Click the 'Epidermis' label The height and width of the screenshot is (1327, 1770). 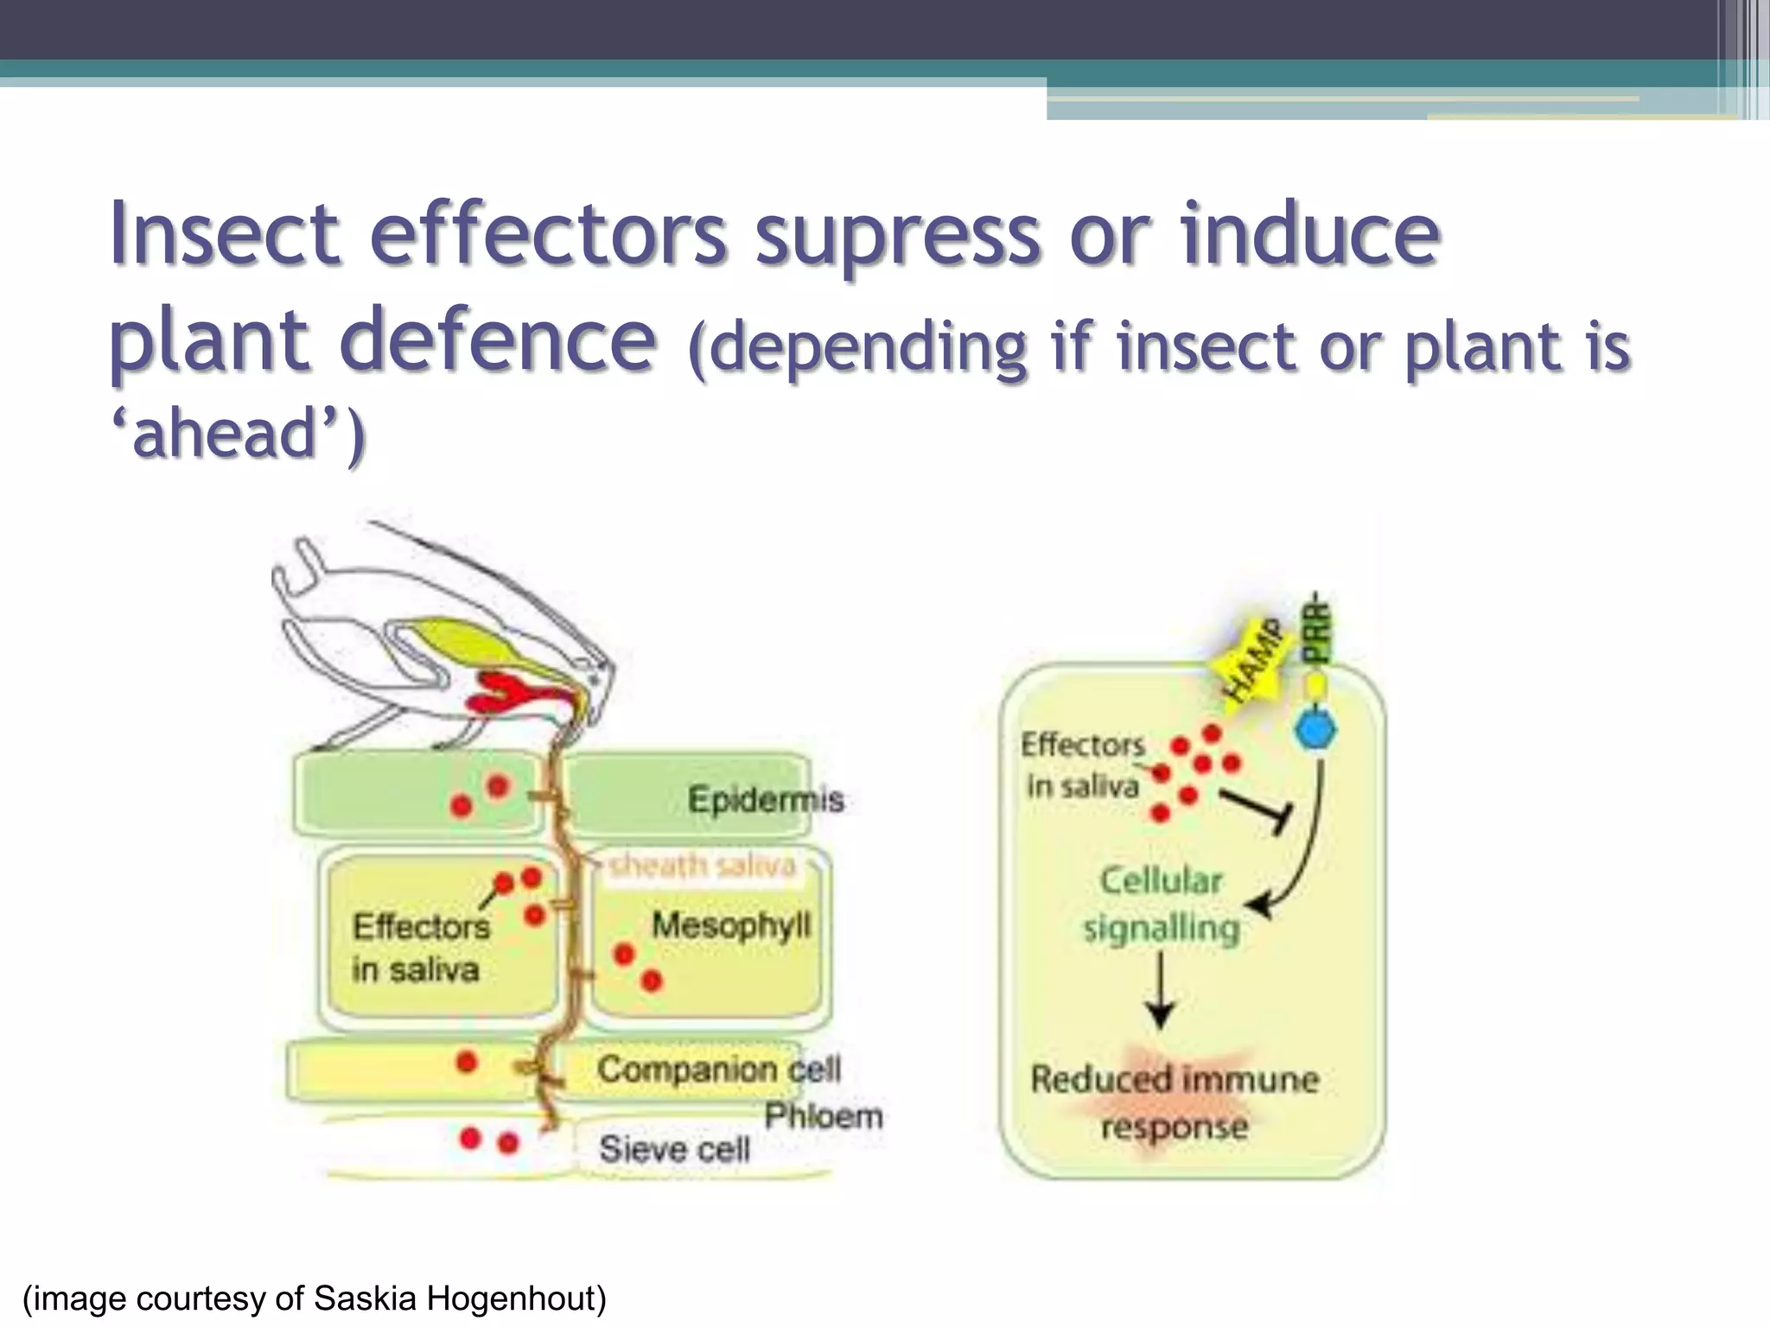point(766,799)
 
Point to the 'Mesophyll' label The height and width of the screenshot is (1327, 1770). point(731,925)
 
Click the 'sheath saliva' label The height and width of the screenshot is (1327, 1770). point(702,865)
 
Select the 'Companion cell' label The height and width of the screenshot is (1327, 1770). point(718,1070)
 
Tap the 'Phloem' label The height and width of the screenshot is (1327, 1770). point(823,1116)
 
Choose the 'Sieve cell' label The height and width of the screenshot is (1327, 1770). point(674,1149)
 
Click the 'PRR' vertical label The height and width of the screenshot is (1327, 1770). point(1317,628)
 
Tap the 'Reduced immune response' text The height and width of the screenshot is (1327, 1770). point(1175,1102)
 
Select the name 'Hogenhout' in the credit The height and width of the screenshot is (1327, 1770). point(516,1299)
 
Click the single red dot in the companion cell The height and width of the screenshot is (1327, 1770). point(467,1062)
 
